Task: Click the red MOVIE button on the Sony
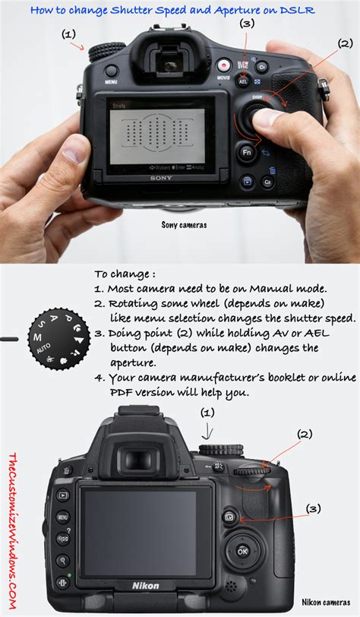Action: click(224, 66)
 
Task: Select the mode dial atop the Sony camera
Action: click(101, 52)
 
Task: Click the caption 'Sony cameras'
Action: click(184, 225)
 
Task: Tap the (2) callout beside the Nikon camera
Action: click(304, 434)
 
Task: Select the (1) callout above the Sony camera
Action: click(69, 34)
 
